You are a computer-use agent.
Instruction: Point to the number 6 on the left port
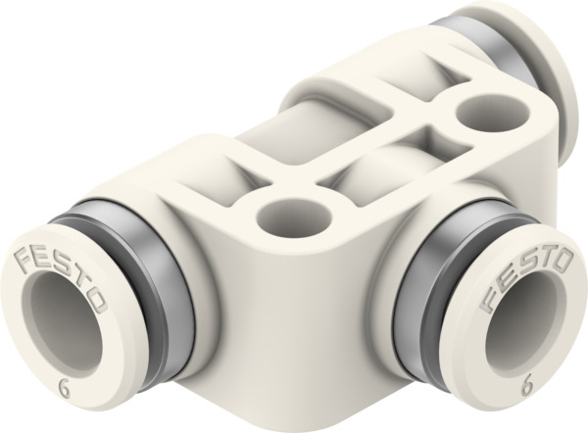65,384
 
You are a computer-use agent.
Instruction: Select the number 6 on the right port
530,388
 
